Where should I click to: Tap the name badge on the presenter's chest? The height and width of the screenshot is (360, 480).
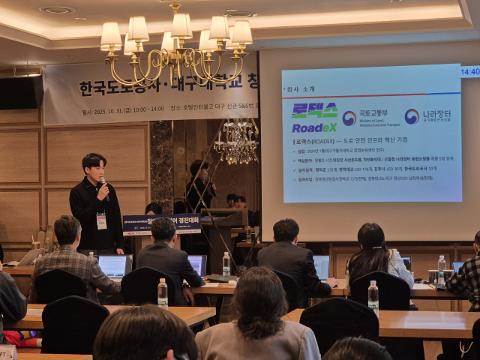101,221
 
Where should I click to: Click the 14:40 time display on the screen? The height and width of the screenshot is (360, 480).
469,72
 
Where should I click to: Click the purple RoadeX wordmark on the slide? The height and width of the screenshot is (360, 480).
313,127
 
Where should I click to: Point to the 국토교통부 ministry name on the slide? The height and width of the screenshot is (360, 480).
373,113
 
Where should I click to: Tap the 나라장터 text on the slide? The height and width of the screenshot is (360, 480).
436,115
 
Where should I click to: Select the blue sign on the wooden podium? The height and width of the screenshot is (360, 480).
161,223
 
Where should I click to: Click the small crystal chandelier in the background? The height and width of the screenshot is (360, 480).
236,142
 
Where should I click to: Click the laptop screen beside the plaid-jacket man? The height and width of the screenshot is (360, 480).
115,265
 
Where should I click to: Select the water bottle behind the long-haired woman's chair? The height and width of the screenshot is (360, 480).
373,294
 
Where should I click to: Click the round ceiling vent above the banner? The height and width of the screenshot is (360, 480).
57,10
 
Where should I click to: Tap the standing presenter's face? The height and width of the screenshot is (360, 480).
94,169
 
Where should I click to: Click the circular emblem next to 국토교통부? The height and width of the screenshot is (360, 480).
349,118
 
